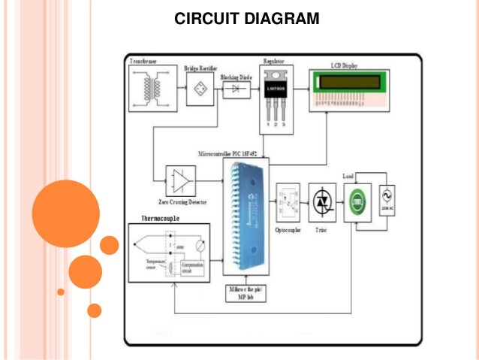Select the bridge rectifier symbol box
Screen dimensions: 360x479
tap(199, 89)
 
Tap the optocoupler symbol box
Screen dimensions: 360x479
tap(289, 202)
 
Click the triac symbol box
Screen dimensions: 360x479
tap(322, 202)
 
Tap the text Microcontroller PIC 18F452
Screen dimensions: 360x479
tap(232, 153)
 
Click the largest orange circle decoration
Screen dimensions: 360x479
tap(66, 213)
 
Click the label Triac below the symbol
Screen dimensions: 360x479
tap(321, 230)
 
